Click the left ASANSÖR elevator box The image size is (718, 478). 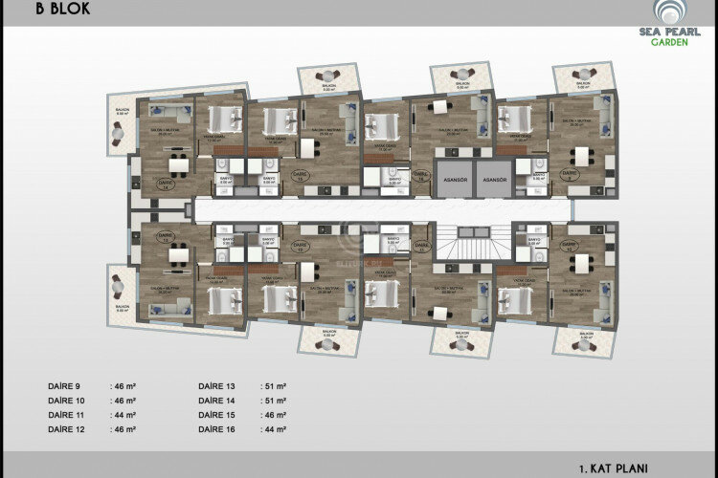pyautogui.click(x=455, y=179)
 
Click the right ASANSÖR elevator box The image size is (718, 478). pyautogui.click(x=494, y=179)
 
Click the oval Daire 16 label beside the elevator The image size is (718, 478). pyautogui.click(x=421, y=176)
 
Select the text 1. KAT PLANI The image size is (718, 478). pyautogui.click(x=614, y=468)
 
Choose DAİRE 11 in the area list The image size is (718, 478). pyautogui.click(x=66, y=417)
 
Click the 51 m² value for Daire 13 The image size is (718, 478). pyautogui.click(x=276, y=386)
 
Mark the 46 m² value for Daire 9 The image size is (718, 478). pyautogui.click(x=124, y=386)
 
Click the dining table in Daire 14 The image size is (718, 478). pyautogui.click(x=178, y=159)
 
